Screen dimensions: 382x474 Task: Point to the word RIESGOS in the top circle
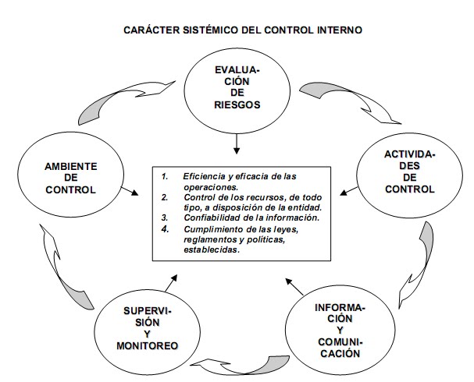(237, 104)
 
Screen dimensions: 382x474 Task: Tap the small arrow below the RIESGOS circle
(237, 144)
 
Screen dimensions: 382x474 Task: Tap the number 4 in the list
(165, 228)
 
